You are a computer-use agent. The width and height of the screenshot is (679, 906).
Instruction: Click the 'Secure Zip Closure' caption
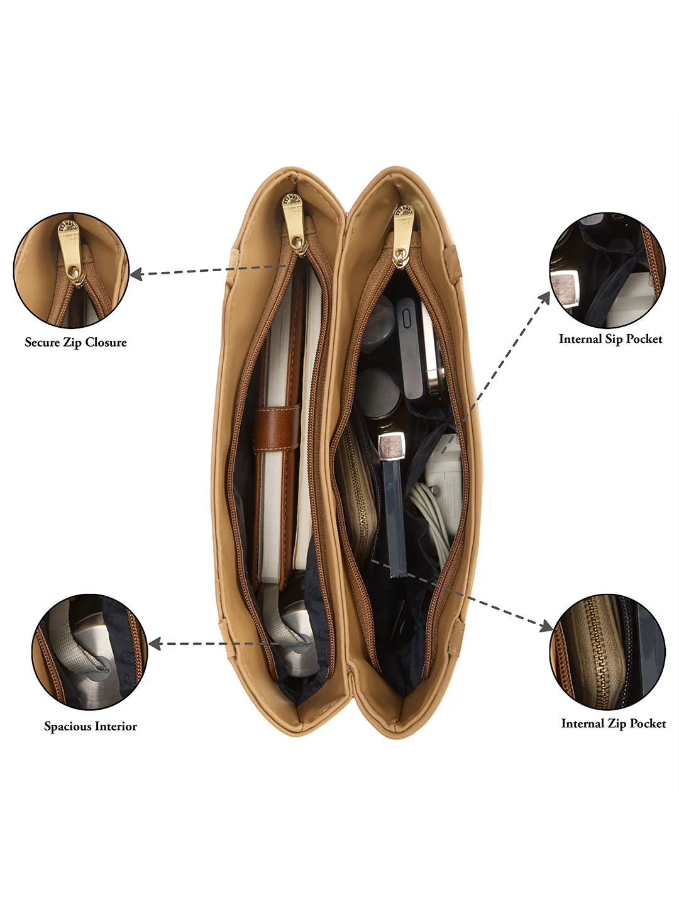point(76,343)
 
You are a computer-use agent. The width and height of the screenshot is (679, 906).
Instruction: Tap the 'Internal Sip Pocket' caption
point(610,339)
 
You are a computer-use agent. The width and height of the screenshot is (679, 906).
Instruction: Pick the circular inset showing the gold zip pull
point(71,271)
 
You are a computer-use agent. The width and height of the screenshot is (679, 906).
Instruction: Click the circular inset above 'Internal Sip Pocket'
point(608,271)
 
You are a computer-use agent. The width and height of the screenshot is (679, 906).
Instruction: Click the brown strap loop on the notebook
point(277,429)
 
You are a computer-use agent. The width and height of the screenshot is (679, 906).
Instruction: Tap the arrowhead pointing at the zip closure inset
point(136,274)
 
